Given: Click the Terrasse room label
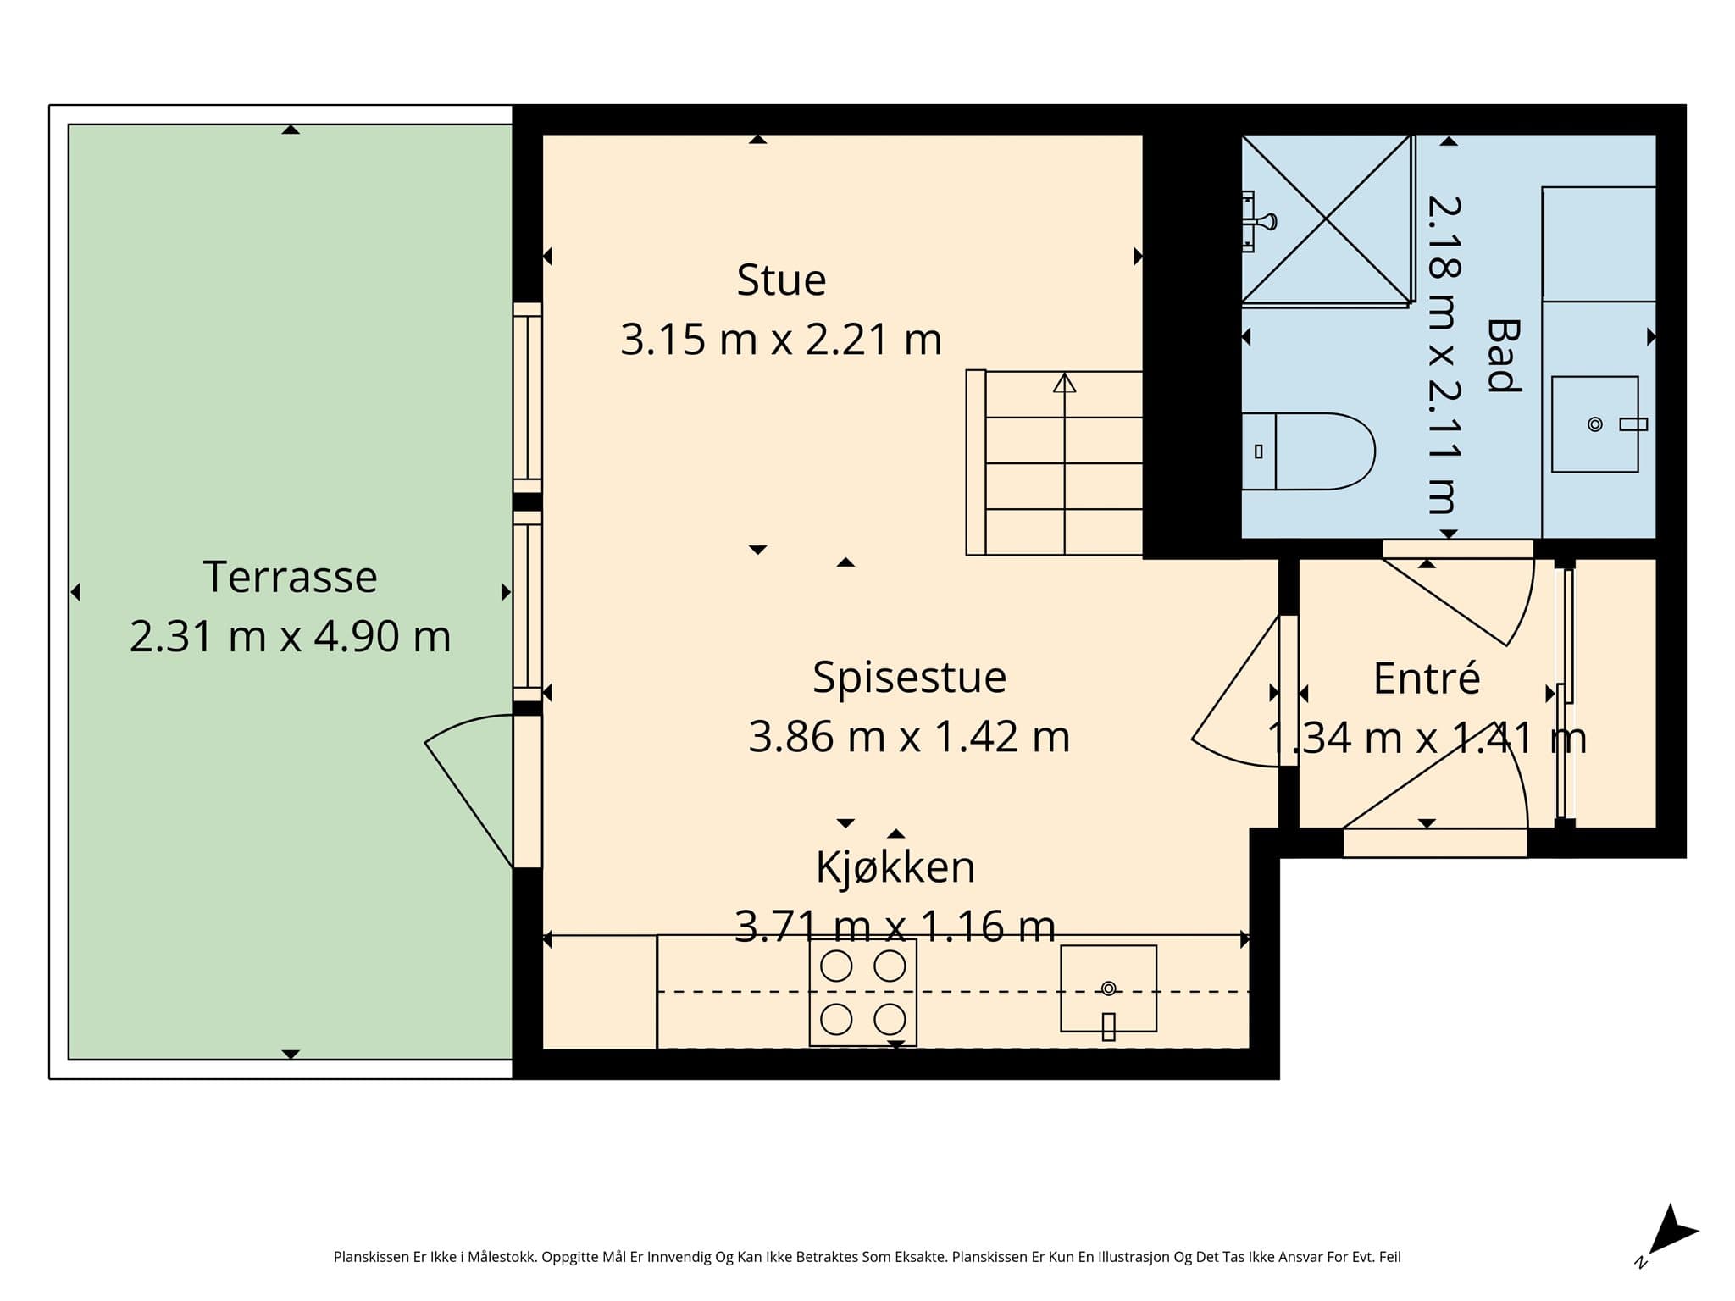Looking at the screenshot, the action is tap(290, 577).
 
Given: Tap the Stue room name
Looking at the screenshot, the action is tap(781, 280).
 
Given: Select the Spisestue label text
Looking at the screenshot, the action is tap(909, 678).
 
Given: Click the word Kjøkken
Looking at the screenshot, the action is tap(895, 866).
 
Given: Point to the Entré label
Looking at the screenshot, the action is tap(1427, 678).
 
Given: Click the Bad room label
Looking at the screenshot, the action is tap(1503, 356).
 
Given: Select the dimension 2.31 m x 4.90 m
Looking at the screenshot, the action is tap(290, 636).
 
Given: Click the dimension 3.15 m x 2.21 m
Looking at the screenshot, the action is tap(781, 340).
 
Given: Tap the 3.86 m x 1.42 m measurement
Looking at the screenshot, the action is tap(909, 737).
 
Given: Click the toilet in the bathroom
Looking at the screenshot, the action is tap(1308, 451).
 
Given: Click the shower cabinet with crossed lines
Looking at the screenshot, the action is tap(1327, 219).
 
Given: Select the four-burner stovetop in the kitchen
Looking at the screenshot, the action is tap(862, 992).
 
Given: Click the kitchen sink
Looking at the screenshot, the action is tap(1108, 988).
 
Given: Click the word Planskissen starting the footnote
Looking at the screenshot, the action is tap(371, 1257).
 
